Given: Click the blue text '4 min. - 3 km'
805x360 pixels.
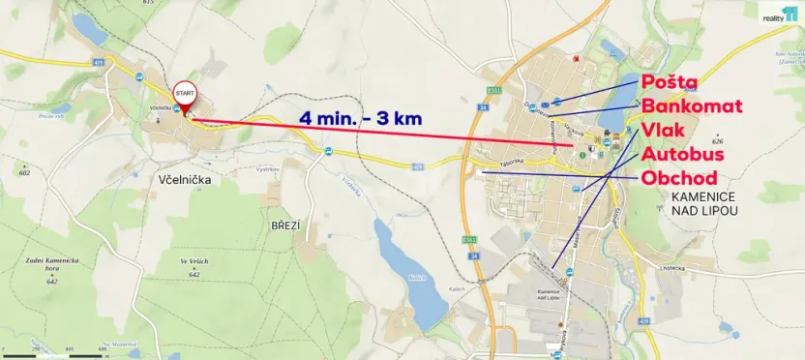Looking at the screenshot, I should coord(361,119).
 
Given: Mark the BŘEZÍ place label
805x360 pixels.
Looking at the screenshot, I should coord(285,225).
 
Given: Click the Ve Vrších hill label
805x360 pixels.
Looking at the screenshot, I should coord(195,264).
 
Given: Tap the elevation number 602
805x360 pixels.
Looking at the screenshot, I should coord(24,172).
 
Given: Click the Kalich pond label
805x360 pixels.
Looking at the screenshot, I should coord(417,278).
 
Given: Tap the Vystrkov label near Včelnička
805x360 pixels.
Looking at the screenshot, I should coord(267,167).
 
